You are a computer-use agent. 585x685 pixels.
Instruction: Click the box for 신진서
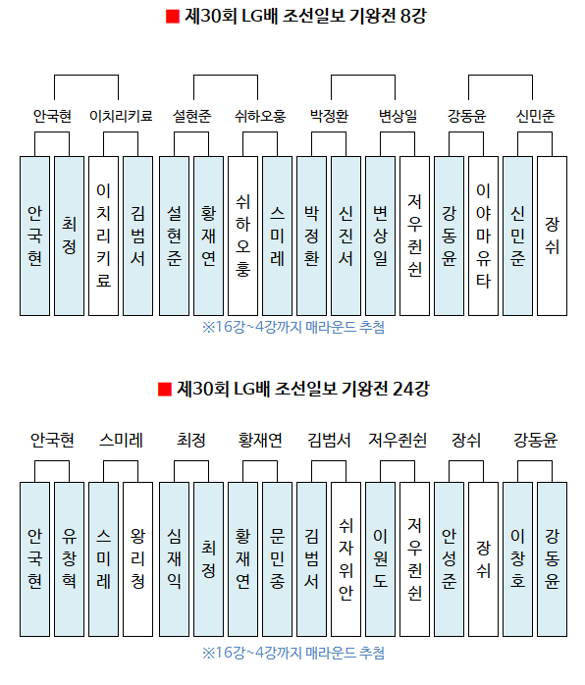(346, 236)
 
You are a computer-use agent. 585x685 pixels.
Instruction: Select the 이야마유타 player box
(483, 236)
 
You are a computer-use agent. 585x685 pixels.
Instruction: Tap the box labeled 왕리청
(137, 559)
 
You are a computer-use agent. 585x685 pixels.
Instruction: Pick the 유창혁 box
(69, 559)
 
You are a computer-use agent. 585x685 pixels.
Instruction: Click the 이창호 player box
(517, 559)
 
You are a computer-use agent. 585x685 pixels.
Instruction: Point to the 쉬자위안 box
(346, 559)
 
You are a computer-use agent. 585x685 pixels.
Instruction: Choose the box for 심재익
(174, 559)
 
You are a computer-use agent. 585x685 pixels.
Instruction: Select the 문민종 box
(277, 559)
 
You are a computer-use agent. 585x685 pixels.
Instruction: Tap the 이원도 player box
(380, 559)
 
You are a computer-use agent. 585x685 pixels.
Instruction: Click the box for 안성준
(449, 559)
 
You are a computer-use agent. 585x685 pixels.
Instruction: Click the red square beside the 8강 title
(173, 17)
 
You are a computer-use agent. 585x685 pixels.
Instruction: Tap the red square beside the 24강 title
(165, 390)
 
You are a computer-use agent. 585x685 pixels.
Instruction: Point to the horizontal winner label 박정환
(329, 116)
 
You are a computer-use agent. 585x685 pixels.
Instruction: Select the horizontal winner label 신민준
(535, 116)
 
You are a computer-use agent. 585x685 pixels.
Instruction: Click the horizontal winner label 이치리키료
(121, 116)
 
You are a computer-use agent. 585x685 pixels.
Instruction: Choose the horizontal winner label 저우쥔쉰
(398, 440)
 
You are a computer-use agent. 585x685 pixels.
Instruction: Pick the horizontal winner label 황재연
(260, 440)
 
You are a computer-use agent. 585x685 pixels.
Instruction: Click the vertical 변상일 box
(380, 236)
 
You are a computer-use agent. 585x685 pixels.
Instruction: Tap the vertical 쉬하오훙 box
(242, 236)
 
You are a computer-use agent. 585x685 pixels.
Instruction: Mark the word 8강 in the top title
(413, 16)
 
